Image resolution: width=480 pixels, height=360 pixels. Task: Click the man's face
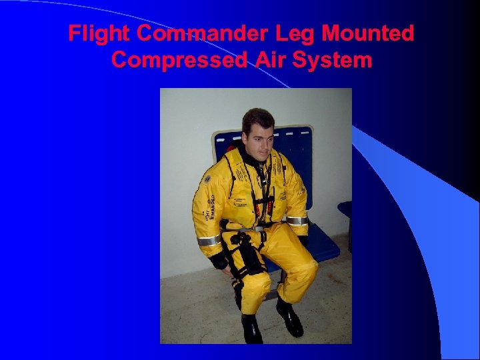259,141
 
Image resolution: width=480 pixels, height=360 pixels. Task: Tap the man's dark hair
256,119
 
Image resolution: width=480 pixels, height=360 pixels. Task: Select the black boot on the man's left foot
290,318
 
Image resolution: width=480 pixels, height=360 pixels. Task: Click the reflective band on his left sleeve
297,221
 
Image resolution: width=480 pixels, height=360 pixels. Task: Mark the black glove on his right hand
219,261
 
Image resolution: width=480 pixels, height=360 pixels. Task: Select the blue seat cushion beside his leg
323,247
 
